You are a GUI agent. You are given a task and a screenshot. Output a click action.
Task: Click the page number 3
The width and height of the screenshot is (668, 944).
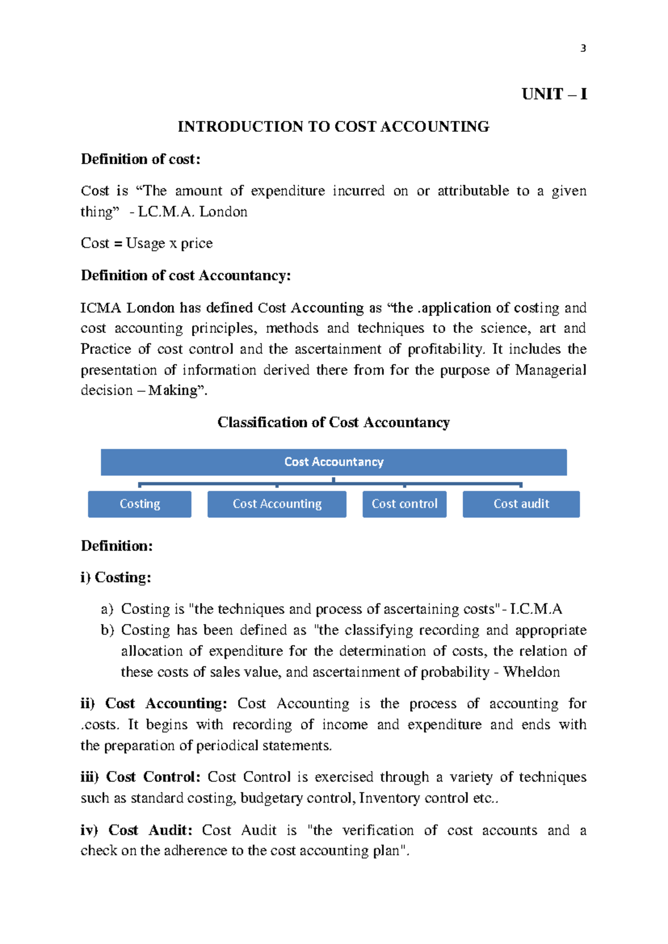(x=583, y=48)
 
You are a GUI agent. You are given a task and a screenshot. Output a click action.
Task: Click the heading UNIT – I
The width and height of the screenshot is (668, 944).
(x=554, y=94)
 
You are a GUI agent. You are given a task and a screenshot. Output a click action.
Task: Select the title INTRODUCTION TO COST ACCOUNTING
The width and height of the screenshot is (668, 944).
(x=333, y=127)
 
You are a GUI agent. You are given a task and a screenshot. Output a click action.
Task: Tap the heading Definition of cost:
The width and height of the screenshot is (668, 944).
(x=140, y=159)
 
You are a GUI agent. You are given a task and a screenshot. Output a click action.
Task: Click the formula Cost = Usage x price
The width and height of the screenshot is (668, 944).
(x=146, y=243)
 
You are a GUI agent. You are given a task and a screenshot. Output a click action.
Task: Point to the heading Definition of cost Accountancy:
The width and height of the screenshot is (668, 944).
(x=185, y=276)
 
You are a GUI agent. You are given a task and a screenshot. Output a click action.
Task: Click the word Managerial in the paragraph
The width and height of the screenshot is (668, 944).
(x=550, y=370)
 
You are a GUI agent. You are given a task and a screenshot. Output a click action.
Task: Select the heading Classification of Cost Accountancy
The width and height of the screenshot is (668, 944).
(x=333, y=422)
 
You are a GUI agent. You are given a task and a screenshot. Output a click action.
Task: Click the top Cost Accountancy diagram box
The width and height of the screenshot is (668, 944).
(x=333, y=462)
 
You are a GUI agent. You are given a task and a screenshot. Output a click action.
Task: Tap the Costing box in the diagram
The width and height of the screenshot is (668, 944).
(x=140, y=504)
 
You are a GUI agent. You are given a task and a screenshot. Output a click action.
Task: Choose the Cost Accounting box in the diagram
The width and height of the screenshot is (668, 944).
(x=277, y=504)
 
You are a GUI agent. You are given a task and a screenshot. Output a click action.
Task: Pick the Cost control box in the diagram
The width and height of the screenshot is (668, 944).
(x=404, y=504)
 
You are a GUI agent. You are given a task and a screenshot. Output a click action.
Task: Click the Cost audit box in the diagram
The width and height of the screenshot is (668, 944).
(x=521, y=504)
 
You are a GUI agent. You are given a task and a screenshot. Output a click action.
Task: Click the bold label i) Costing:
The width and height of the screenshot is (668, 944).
(x=116, y=577)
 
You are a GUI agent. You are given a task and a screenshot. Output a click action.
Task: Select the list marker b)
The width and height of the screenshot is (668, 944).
(x=107, y=630)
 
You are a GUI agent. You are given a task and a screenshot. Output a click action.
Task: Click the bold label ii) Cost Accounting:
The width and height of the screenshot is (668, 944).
(x=154, y=704)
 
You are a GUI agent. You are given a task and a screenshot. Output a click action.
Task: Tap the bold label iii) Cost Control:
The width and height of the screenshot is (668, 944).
(x=140, y=777)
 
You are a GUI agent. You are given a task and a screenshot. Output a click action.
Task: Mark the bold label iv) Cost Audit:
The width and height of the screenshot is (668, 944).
(x=136, y=830)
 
